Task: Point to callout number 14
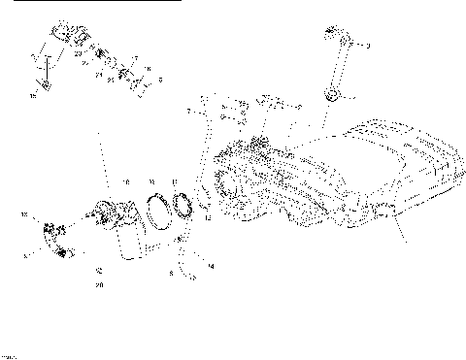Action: (211, 265)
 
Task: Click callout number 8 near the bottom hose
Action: (171, 275)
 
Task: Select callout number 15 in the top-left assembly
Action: (33, 96)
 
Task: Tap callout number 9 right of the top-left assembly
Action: (160, 80)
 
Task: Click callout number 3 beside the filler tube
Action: (368, 46)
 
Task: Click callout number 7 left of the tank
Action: (189, 113)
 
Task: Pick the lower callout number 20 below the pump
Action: (100, 286)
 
